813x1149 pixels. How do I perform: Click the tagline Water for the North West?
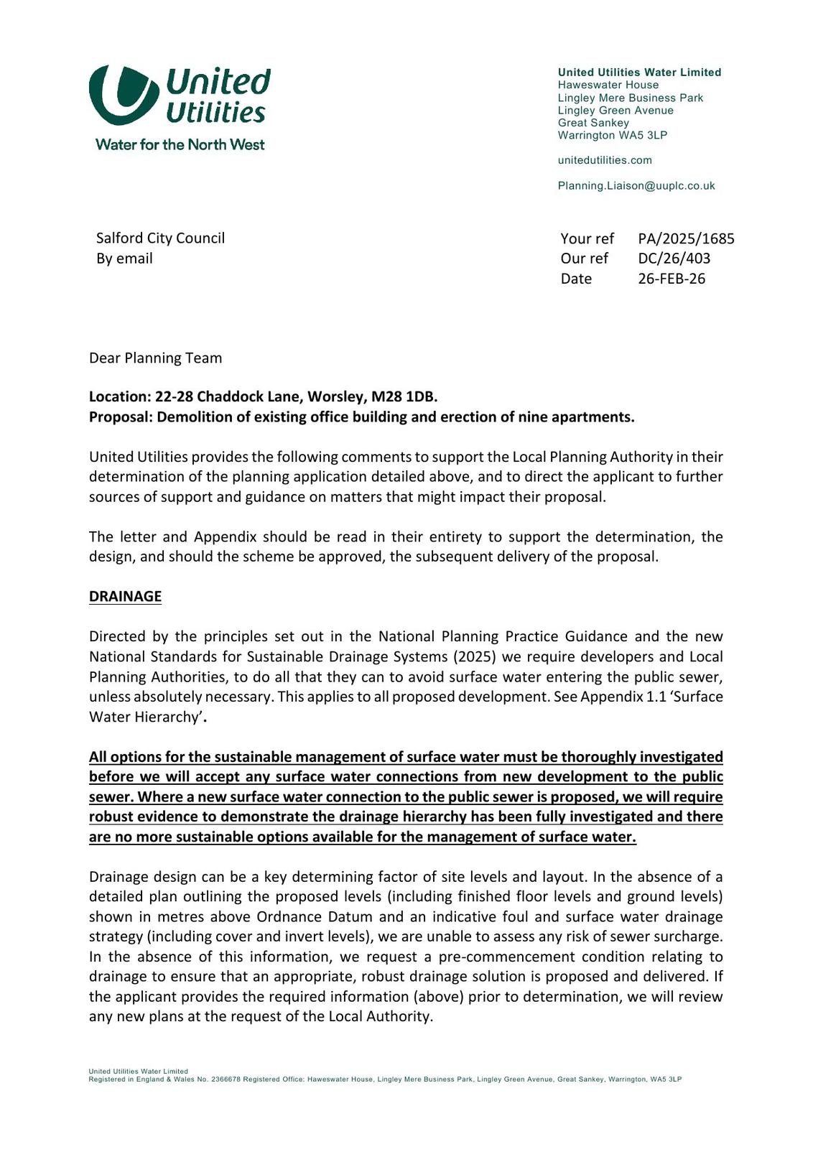pyautogui.click(x=180, y=145)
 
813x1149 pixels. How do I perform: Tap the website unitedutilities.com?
pyautogui.click(x=605, y=160)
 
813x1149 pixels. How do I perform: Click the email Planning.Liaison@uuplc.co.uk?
pyautogui.click(x=636, y=186)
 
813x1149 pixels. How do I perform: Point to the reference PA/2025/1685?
pyautogui.click(x=686, y=238)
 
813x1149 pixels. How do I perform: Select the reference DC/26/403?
pyautogui.click(x=674, y=259)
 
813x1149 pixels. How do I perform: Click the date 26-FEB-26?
pyautogui.click(x=672, y=279)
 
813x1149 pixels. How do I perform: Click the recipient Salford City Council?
pyautogui.click(x=160, y=238)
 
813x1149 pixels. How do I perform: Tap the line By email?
pyautogui.click(x=124, y=259)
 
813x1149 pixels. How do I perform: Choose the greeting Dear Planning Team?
pyautogui.click(x=155, y=358)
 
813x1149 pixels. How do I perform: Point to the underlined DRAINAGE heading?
pyautogui.click(x=125, y=597)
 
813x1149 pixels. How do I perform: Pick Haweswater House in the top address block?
pyautogui.click(x=608, y=85)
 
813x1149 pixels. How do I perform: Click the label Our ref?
pyautogui.click(x=584, y=259)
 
